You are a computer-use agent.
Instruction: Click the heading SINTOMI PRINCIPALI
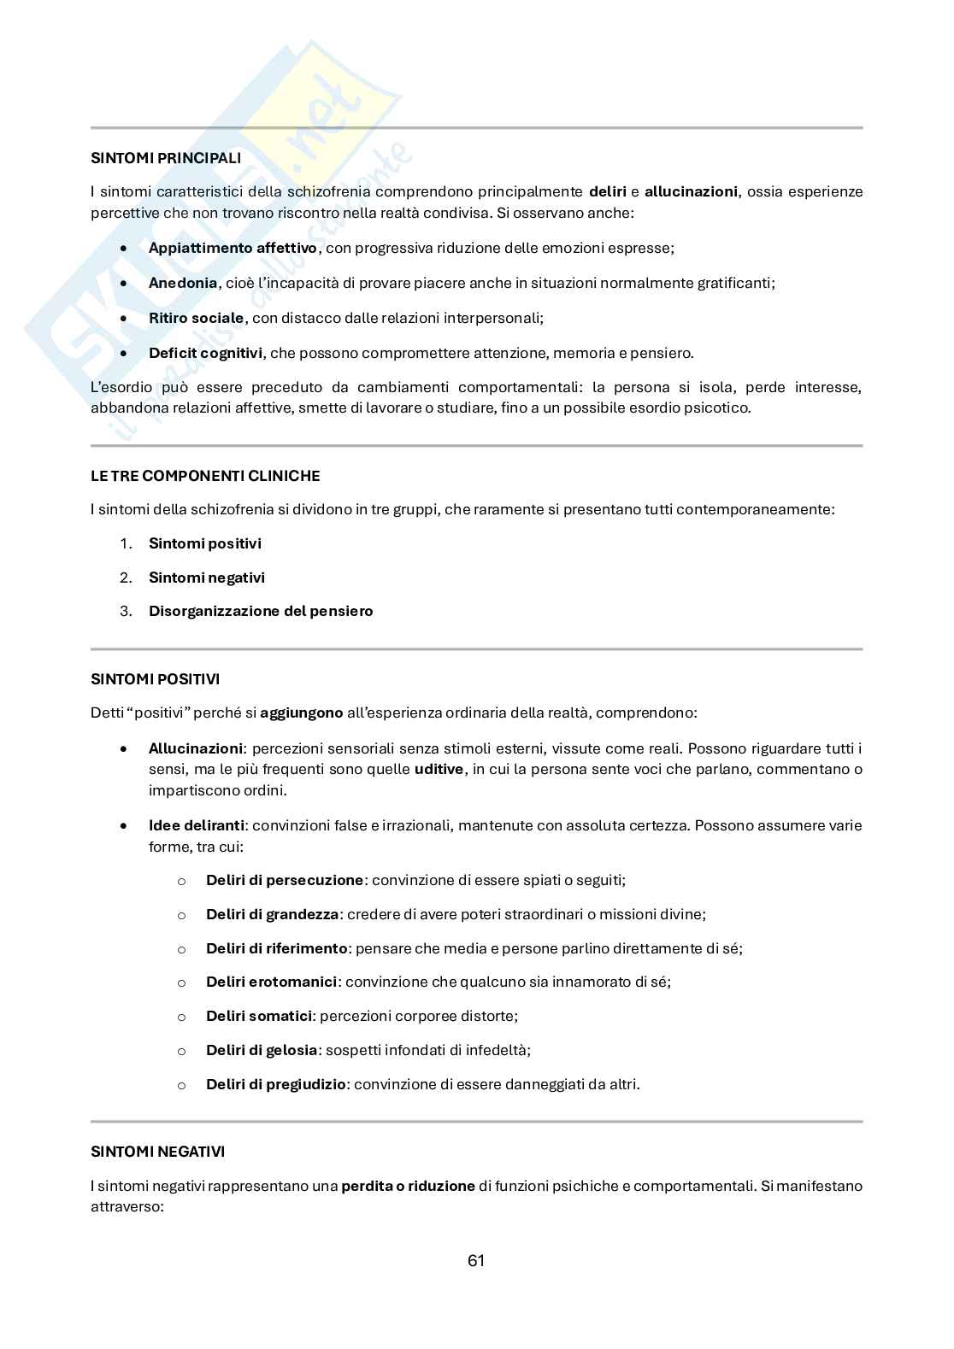coord(166,158)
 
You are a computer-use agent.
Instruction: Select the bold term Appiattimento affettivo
coord(233,249)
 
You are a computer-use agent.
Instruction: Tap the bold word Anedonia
coord(183,283)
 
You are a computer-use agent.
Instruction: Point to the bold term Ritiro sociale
coord(196,318)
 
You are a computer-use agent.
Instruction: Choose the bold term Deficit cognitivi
coord(205,353)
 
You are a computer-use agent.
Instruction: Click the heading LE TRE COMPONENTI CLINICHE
coord(205,476)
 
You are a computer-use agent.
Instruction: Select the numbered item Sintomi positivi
coord(205,543)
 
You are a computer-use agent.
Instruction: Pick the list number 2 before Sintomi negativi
coord(126,578)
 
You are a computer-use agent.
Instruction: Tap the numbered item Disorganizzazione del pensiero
coord(261,612)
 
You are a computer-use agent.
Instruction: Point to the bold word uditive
coord(439,770)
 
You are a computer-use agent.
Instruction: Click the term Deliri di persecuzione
coord(285,880)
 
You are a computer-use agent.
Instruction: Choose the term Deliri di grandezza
coord(272,914)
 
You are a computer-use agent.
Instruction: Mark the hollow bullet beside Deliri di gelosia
coord(181,1052)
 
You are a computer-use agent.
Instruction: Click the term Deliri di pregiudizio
coord(275,1085)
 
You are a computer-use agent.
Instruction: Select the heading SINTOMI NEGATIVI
coord(158,1153)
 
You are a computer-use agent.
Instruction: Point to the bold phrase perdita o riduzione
coord(408,1187)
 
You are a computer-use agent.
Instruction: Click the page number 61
coord(477,1261)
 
